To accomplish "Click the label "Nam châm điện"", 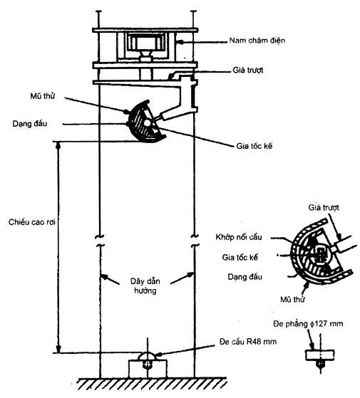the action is (257, 41).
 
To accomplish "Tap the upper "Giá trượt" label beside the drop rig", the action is (248, 70).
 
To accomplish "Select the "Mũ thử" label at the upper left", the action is (43, 96).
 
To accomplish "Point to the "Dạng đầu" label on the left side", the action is (30, 124).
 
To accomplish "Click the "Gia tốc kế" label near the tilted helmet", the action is (254, 146).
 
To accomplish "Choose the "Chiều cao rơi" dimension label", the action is (32, 222).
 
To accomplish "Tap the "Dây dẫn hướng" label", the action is (145, 286).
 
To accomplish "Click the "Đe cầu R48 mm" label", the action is (248, 341).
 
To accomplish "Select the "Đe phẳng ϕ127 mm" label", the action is (308, 324).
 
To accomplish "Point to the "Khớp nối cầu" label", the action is (239, 237).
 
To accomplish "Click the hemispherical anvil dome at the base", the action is (148, 356).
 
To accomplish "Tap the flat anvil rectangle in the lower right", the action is (319, 355).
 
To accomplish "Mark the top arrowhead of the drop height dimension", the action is (58, 145).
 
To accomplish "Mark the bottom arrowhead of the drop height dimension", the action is (58, 349).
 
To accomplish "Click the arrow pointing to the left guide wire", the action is (110, 279).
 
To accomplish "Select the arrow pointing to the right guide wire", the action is (182, 278).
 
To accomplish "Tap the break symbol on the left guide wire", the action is (100, 241).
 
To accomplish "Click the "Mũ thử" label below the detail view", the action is (292, 300).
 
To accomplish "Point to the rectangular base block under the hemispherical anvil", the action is (148, 369).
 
